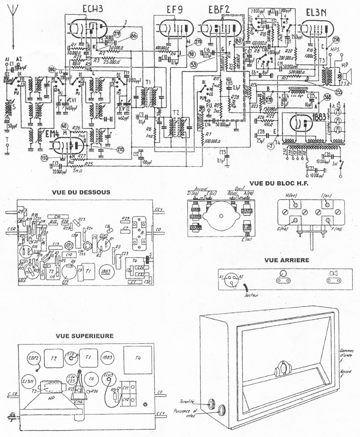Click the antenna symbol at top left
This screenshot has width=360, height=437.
pyautogui.click(x=13, y=16)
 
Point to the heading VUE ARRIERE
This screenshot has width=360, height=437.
pyautogui.click(x=285, y=260)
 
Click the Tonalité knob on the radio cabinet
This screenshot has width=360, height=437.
pyautogui.click(x=211, y=403)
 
